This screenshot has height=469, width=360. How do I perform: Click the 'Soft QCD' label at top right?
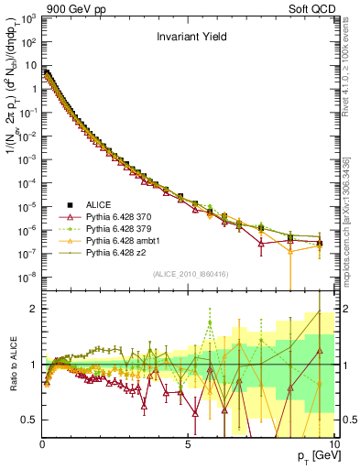[x=310, y=8]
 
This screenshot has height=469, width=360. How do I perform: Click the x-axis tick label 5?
[x=188, y=443]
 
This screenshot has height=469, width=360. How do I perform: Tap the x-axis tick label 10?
[x=333, y=443]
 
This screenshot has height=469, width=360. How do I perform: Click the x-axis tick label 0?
[x=42, y=443]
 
